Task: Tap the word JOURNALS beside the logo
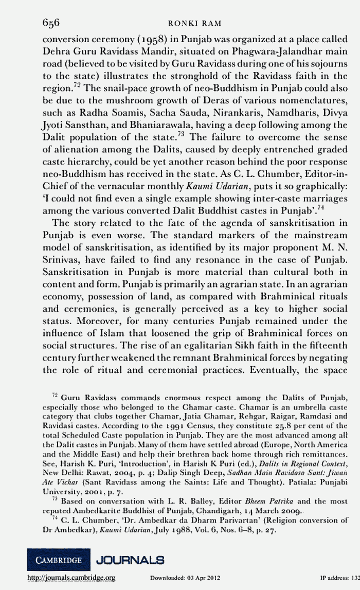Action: point(130,559)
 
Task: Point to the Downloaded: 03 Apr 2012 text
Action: point(185,578)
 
